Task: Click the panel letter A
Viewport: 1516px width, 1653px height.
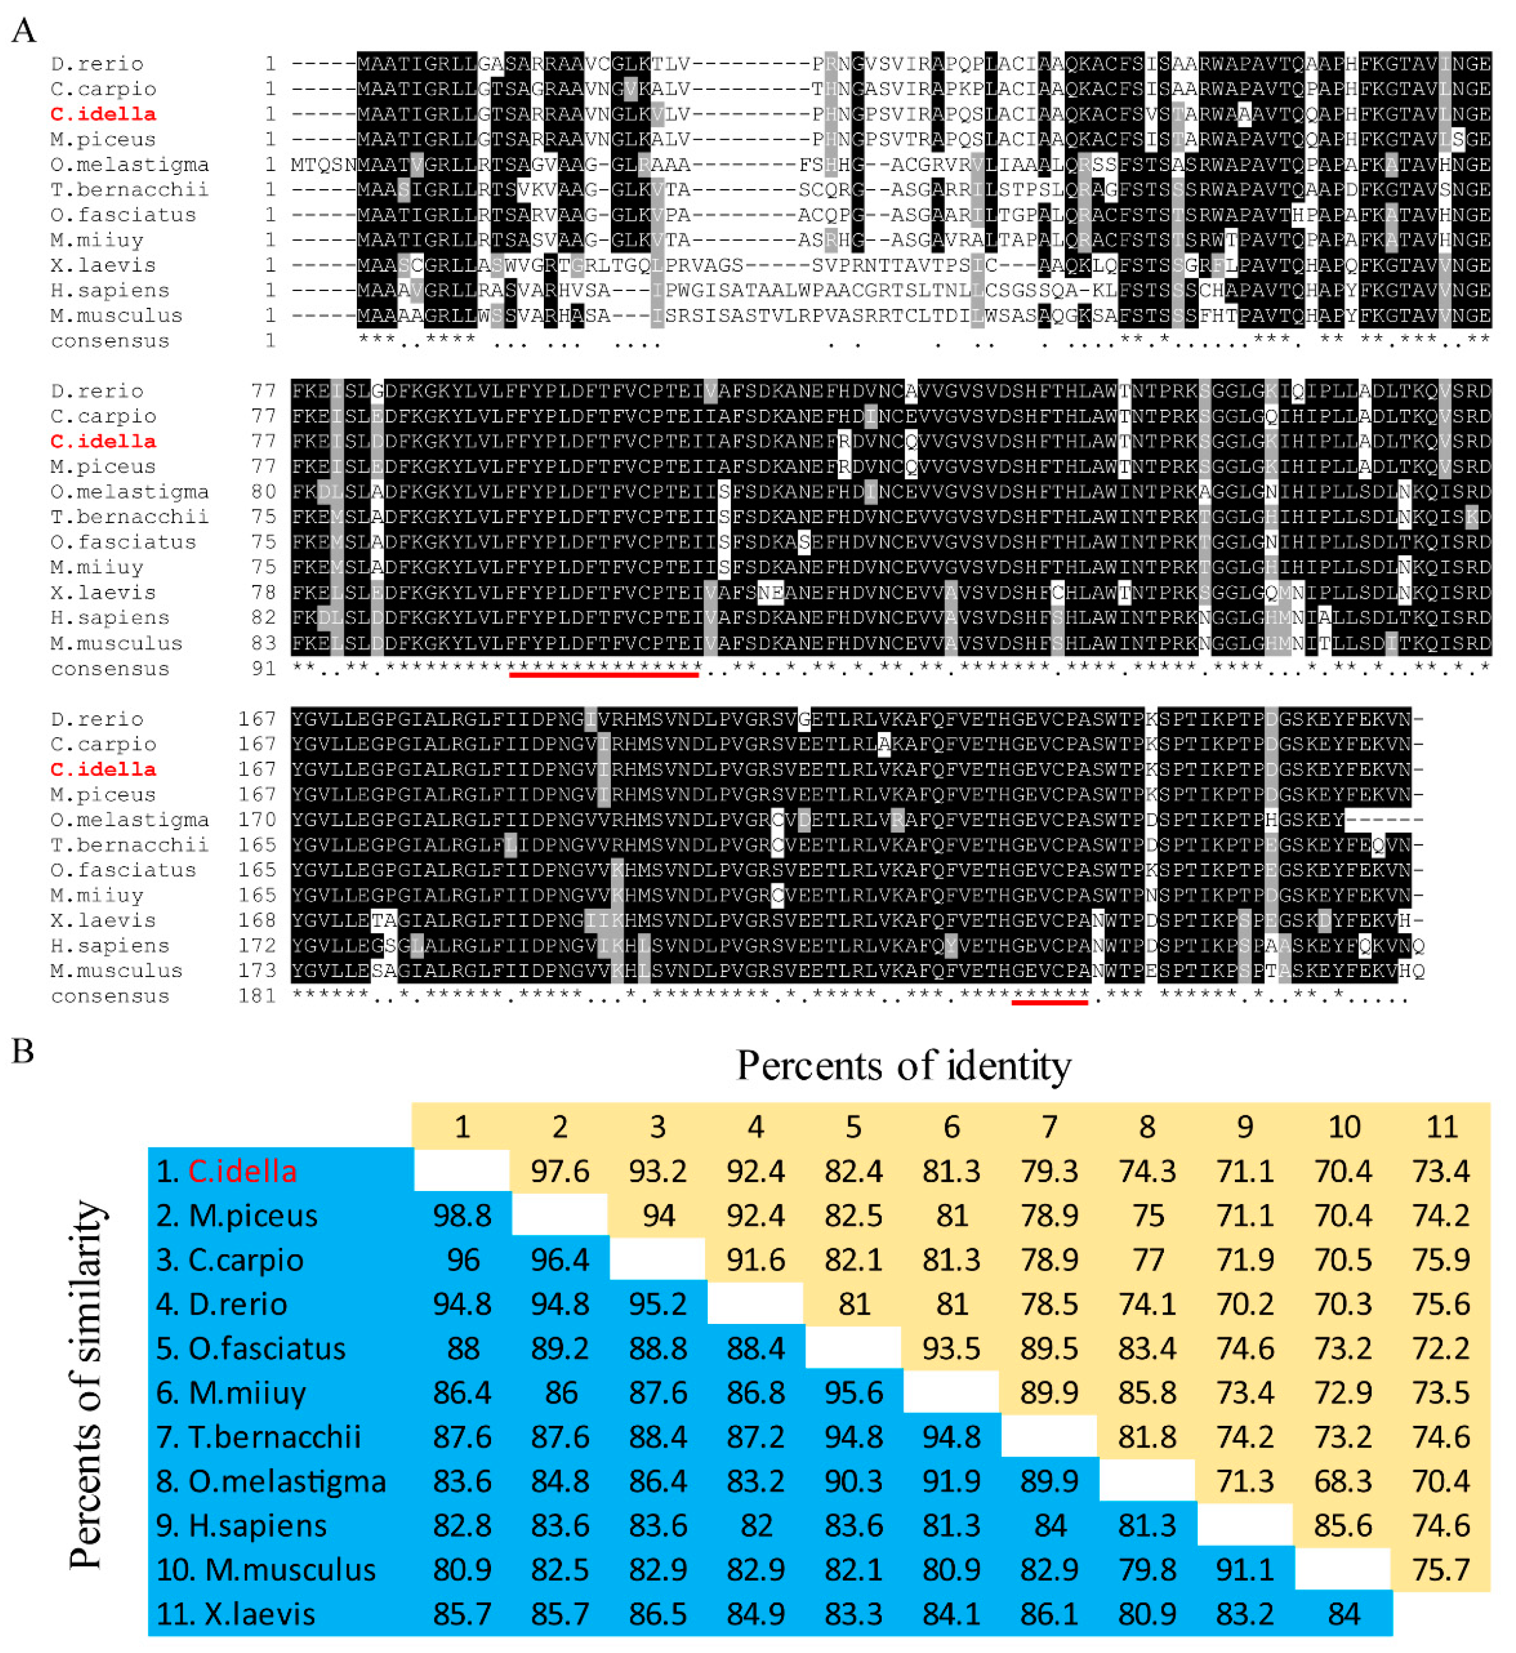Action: coord(24,31)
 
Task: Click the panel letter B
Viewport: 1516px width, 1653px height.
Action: coord(22,1051)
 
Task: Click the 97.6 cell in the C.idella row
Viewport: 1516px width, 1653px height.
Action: coord(560,1171)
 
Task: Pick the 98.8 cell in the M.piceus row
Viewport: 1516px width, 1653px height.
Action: coord(462,1216)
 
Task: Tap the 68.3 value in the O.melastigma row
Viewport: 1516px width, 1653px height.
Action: coord(1343,1481)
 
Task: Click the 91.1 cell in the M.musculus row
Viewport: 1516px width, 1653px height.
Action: coord(1245,1569)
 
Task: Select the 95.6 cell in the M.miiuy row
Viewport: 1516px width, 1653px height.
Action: coord(853,1392)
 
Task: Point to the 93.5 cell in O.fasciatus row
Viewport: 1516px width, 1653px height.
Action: coord(951,1348)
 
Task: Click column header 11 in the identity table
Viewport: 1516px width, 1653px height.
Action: coord(1441,1126)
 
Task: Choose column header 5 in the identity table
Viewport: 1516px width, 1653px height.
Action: coord(853,1126)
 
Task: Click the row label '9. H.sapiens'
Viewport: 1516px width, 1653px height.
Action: coord(242,1525)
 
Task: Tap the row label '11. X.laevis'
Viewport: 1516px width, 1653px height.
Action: coord(235,1614)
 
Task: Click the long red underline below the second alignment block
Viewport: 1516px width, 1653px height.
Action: coord(604,674)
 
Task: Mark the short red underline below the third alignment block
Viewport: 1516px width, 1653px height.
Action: coord(1050,1001)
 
